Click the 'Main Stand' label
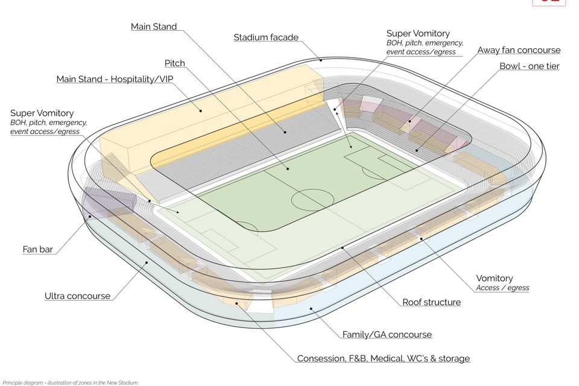coord(154,27)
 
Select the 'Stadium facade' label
coord(266,37)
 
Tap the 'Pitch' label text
coord(175,63)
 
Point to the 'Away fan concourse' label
coord(519,50)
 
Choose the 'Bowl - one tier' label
coord(529,66)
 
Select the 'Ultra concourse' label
coord(78,296)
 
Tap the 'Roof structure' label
coord(431,302)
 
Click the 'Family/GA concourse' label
coord(387,335)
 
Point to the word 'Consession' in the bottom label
coord(323,359)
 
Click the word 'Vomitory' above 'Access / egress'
coord(495,279)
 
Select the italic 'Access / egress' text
coord(502,288)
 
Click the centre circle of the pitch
coord(312,200)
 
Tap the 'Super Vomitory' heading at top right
coord(418,34)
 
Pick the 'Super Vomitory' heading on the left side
coord(42,113)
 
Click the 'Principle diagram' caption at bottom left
coord(69,382)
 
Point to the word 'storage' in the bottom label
coord(453,359)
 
